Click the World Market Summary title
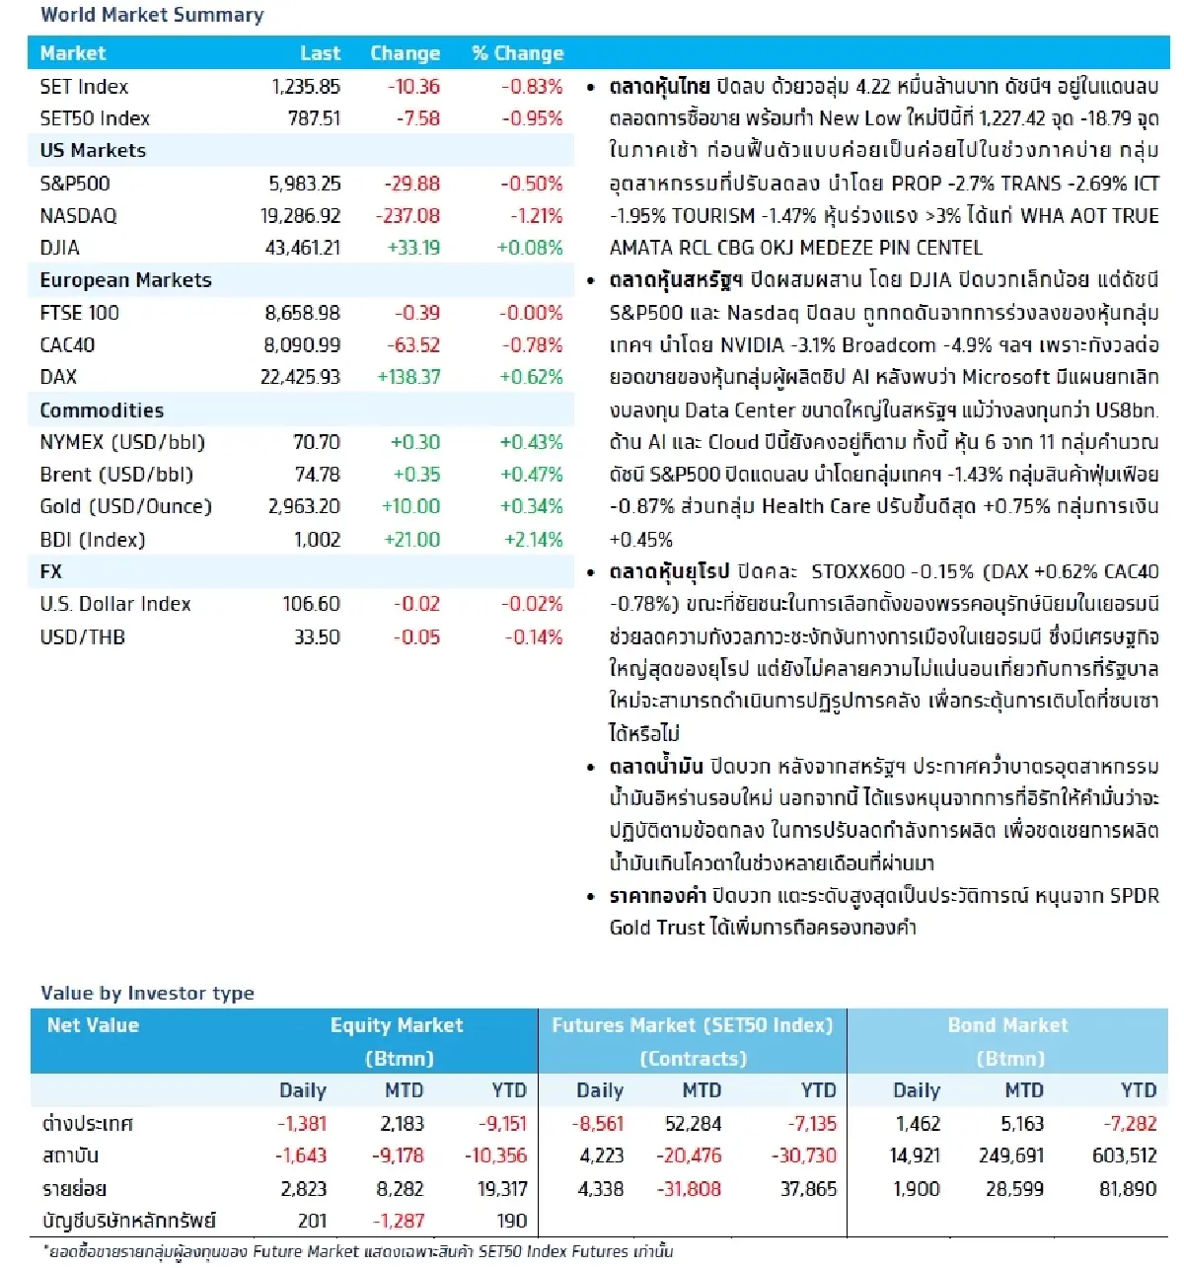pyautogui.click(x=152, y=15)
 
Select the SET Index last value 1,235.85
pyautogui.click(x=306, y=87)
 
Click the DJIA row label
pyautogui.click(x=60, y=248)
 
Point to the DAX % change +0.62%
pyautogui.click(x=531, y=377)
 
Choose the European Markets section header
pyautogui.click(x=125, y=280)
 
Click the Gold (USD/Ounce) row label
pyautogui.click(x=125, y=506)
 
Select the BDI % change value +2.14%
pyautogui.click(x=533, y=540)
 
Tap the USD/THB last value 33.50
pyautogui.click(x=317, y=637)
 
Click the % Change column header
pyautogui.click(x=517, y=53)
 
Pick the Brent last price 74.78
pyautogui.click(x=317, y=475)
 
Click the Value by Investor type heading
pyautogui.click(x=147, y=993)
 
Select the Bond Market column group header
pyautogui.click(x=1007, y=1025)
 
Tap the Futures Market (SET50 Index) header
pyautogui.click(x=692, y=1025)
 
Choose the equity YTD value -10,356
pyautogui.click(x=495, y=1156)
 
